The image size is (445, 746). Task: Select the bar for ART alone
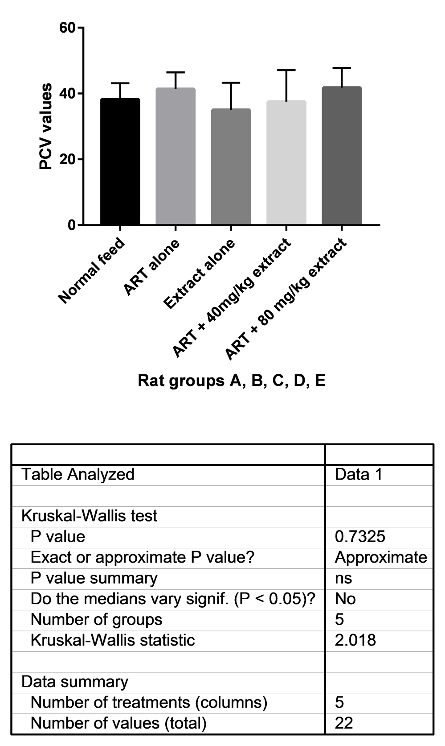tap(176, 156)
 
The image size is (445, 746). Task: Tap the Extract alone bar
tap(231, 167)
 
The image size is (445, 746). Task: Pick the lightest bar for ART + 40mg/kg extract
tap(286, 163)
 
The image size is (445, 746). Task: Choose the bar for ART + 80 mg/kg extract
tap(342, 156)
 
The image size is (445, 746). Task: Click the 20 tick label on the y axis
tap(68, 159)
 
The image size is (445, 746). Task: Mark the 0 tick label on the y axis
tap(72, 225)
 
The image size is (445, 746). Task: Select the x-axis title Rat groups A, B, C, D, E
tap(232, 381)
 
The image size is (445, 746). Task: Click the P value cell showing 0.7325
tap(360, 536)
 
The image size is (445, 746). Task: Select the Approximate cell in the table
tap(381, 557)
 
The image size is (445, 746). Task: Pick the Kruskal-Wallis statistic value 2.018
tap(355, 640)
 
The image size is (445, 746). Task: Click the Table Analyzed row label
tap(78, 474)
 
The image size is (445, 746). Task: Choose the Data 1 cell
tap(359, 474)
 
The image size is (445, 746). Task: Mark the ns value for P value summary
tap(343, 578)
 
